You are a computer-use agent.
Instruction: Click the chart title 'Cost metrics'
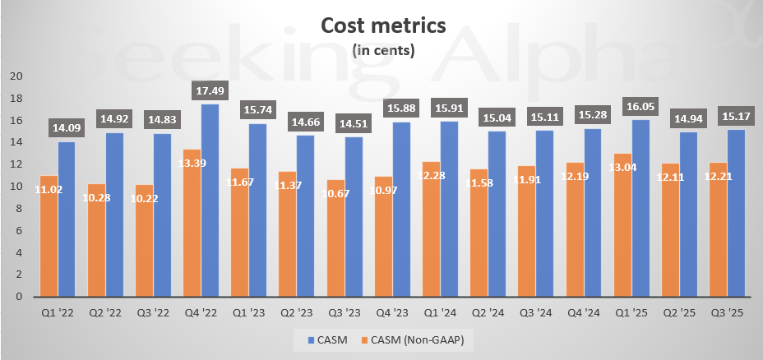click(382, 25)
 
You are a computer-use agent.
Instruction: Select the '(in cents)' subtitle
click(382, 50)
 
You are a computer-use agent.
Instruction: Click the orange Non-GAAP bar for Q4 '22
click(192, 223)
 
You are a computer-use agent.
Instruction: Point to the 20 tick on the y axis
click(16, 76)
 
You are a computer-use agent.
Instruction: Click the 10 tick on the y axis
click(16, 187)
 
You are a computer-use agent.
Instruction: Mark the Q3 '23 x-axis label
click(344, 312)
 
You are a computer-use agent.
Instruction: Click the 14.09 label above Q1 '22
click(67, 127)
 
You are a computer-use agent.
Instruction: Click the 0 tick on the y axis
click(19, 297)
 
